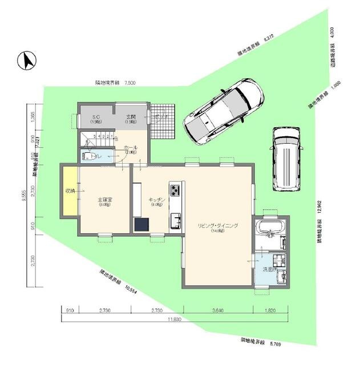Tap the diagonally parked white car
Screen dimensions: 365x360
[x=224, y=110]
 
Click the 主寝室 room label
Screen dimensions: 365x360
[x=104, y=200]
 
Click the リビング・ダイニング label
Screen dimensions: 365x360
[x=217, y=226]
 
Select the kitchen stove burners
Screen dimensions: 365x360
[x=175, y=189]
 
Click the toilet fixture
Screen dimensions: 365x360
[x=89, y=156]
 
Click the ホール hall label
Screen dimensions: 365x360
[x=130, y=147]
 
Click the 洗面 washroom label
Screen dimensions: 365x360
[x=268, y=269]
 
